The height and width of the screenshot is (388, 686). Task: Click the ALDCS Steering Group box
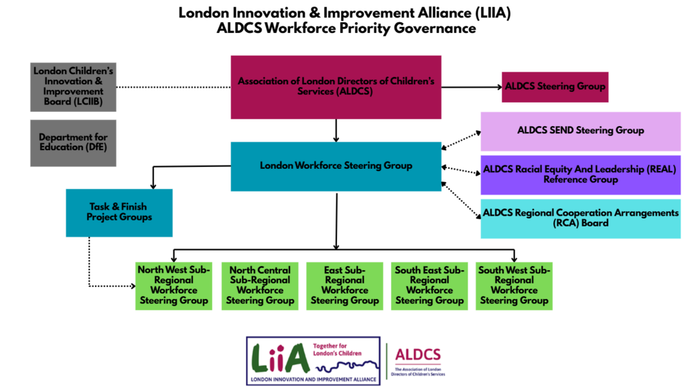555,86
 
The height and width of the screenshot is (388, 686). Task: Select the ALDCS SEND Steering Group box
580,131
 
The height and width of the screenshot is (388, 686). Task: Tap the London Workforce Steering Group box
336,166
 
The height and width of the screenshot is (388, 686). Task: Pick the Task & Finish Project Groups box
119,212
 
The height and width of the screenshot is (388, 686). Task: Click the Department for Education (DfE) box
73,143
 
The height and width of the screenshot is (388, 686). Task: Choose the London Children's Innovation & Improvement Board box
73,86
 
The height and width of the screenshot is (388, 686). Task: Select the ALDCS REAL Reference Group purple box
580,174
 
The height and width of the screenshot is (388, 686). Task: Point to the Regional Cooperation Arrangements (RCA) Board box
580,218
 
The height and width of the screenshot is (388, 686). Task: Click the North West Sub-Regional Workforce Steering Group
174,285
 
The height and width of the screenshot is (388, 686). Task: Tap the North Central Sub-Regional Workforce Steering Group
260,285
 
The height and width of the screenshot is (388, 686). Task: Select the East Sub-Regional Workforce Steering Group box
344,285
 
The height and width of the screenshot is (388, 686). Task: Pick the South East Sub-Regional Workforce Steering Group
429,285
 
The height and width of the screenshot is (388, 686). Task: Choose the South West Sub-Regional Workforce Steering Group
514,285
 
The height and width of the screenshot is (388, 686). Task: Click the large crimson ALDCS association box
336,86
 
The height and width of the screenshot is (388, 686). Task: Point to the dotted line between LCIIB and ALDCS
174,87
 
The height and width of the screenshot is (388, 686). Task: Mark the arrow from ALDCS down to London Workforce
336,130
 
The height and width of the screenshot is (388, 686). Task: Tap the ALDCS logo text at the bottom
418,355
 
